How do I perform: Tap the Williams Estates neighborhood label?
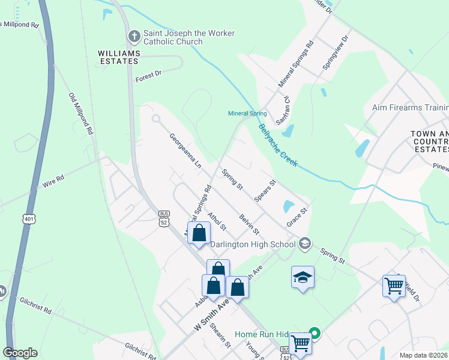tap(119, 58)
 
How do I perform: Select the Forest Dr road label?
tap(149, 76)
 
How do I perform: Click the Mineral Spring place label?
tap(247, 113)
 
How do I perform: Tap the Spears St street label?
tap(265, 190)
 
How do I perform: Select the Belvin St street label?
tap(249, 224)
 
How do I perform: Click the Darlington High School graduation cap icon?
tap(305, 243)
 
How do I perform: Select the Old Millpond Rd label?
tap(81, 113)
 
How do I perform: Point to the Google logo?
tap(19, 353)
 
